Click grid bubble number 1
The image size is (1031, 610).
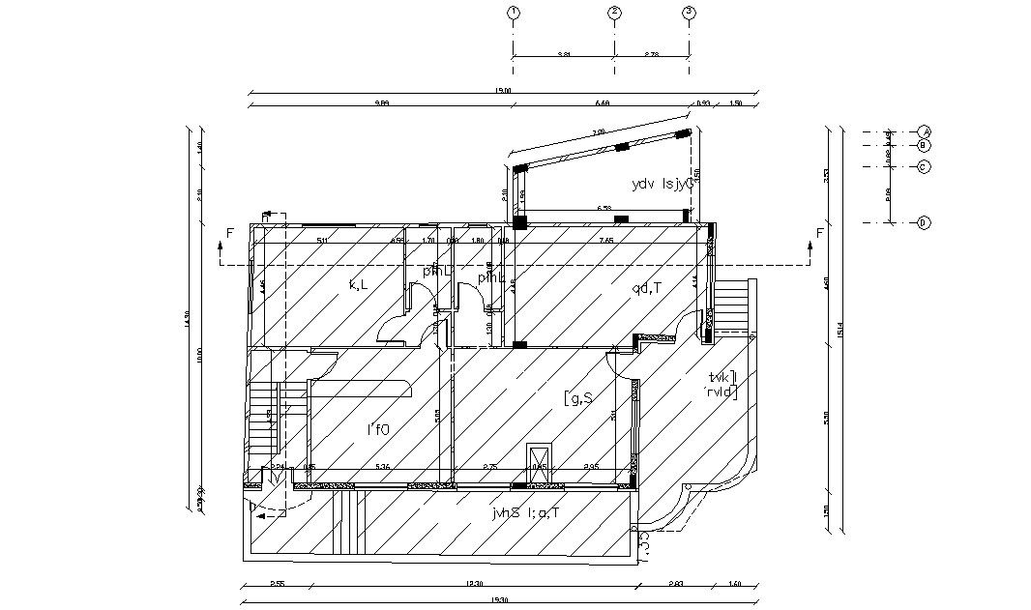click(513, 13)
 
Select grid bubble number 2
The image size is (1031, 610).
click(614, 13)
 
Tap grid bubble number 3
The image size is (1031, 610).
click(689, 13)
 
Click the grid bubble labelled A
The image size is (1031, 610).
click(925, 131)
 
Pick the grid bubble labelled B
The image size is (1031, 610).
click(925, 145)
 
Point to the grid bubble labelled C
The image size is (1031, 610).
click(925, 166)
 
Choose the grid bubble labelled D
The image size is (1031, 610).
click(925, 223)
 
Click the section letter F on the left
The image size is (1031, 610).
click(229, 233)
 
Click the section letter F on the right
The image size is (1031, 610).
click(819, 233)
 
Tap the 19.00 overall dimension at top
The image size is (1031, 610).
click(502, 91)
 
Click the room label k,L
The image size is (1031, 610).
click(359, 284)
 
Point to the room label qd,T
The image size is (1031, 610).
click(647, 287)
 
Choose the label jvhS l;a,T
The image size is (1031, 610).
click(525, 513)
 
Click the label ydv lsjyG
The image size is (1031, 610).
click(663, 184)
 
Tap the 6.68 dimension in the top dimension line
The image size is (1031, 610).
click(603, 103)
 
